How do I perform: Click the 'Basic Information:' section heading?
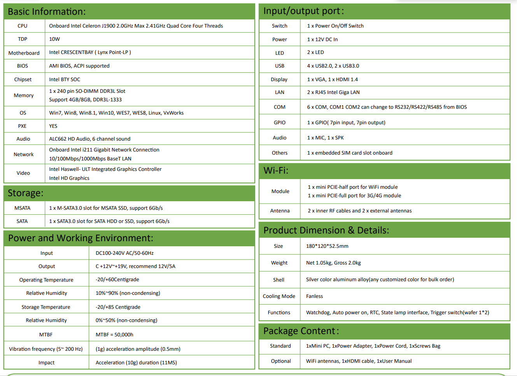(x=47, y=12)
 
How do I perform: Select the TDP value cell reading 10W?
(x=54, y=39)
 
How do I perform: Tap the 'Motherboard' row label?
(x=24, y=53)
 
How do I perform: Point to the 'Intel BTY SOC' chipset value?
(x=65, y=80)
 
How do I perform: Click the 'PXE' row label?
(x=22, y=126)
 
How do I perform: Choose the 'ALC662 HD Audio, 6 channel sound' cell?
(x=89, y=139)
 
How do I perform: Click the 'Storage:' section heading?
(x=26, y=193)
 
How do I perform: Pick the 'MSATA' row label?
(x=22, y=208)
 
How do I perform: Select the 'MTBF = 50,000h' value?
(x=114, y=334)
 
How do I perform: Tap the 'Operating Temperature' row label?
(x=46, y=280)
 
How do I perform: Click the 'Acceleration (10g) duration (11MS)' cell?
(x=136, y=363)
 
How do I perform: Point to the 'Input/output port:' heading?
(x=303, y=11)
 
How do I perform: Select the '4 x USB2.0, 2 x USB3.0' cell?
(x=333, y=66)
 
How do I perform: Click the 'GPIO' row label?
(x=279, y=123)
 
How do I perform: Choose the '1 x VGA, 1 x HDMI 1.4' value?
(x=332, y=80)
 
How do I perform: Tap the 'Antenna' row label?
(x=280, y=211)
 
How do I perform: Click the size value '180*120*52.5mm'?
(x=327, y=246)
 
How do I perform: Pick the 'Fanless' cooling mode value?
(x=314, y=296)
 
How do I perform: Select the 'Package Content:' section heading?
(x=301, y=331)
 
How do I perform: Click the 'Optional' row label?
(x=281, y=361)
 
